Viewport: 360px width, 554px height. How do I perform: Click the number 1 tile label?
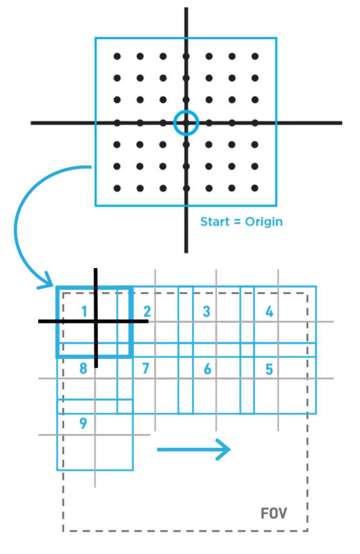84,312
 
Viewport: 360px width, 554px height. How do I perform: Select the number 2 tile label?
147,312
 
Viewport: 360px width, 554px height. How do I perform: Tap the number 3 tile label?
207,312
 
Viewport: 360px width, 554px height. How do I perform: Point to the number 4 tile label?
269,312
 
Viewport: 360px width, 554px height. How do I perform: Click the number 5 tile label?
269,369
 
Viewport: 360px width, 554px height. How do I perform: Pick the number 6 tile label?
207,369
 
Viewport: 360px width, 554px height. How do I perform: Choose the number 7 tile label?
146,369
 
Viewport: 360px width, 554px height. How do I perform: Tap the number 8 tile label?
83,369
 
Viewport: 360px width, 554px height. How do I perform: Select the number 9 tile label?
83,423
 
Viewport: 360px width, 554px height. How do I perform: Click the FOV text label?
274,513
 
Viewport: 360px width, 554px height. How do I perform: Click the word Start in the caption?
215,221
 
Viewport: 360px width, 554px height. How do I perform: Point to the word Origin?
264,222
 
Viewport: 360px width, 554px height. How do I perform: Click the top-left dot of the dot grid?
117,56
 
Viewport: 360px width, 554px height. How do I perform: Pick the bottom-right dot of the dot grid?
255,188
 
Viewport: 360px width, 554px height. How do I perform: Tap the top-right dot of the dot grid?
255,56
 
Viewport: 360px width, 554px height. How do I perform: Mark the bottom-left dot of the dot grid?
117,188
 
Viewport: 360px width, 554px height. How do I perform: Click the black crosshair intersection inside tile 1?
96,321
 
